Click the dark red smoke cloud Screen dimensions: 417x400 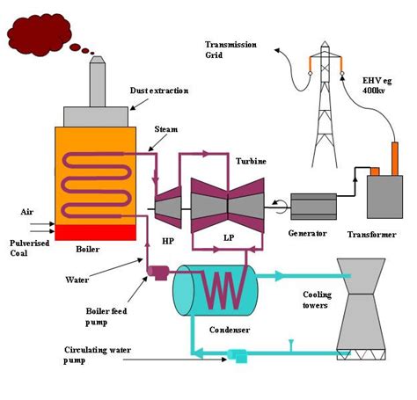[x=40, y=34]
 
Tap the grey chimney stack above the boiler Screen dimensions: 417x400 [x=98, y=81]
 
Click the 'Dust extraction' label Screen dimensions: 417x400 [x=159, y=91]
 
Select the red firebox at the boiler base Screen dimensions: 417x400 [x=95, y=233]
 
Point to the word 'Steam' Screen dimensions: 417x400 [x=166, y=129]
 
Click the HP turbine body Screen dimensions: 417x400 [x=168, y=207]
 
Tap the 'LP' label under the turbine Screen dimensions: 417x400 [x=229, y=237]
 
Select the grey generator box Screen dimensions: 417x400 [x=313, y=207]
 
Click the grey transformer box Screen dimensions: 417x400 [x=384, y=197]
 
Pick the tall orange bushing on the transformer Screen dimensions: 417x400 [x=395, y=159]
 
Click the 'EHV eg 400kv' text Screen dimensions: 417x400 [x=377, y=85]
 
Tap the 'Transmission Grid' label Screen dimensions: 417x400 [x=230, y=50]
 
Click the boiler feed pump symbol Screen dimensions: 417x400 [x=157, y=273]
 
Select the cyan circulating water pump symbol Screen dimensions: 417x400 [x=238, y=356]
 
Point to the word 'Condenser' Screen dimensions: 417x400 [x=230, y=330]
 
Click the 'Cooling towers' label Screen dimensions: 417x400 [x=317, y=300]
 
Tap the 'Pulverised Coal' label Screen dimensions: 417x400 [x=29, y=248]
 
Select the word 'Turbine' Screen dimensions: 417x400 [x=251, y=161]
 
